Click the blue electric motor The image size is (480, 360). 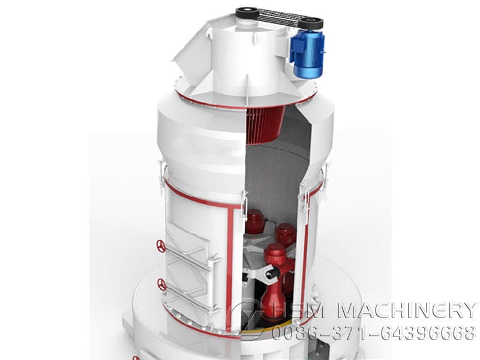(x=307, y=55)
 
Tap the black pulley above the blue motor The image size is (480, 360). (x=311, y=23)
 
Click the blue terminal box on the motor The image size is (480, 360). (x=296, y=46)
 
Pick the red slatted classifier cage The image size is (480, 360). (x=265, y=125)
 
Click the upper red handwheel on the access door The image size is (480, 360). (x=161, y=246)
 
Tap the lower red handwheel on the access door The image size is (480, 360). (x=161, y=284)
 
